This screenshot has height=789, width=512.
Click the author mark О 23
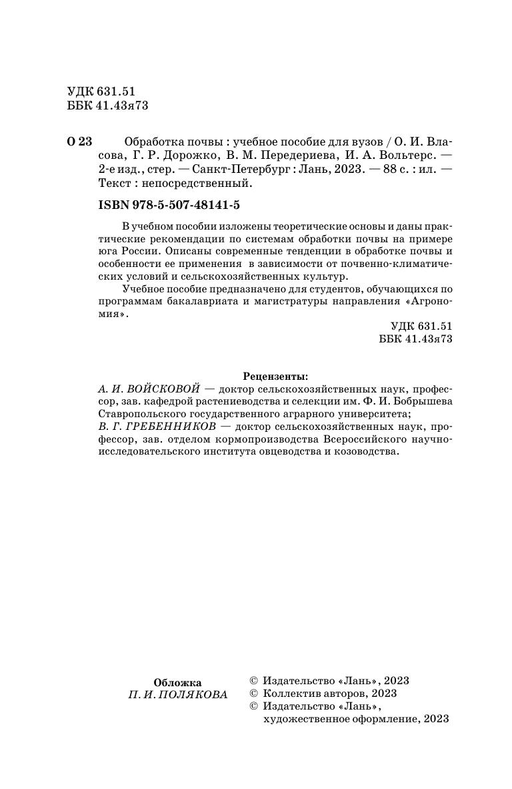(79, 142)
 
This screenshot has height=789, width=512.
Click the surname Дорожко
(185, 156)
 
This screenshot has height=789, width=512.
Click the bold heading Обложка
(177, 682)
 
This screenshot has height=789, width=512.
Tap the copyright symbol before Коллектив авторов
(253, 694)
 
